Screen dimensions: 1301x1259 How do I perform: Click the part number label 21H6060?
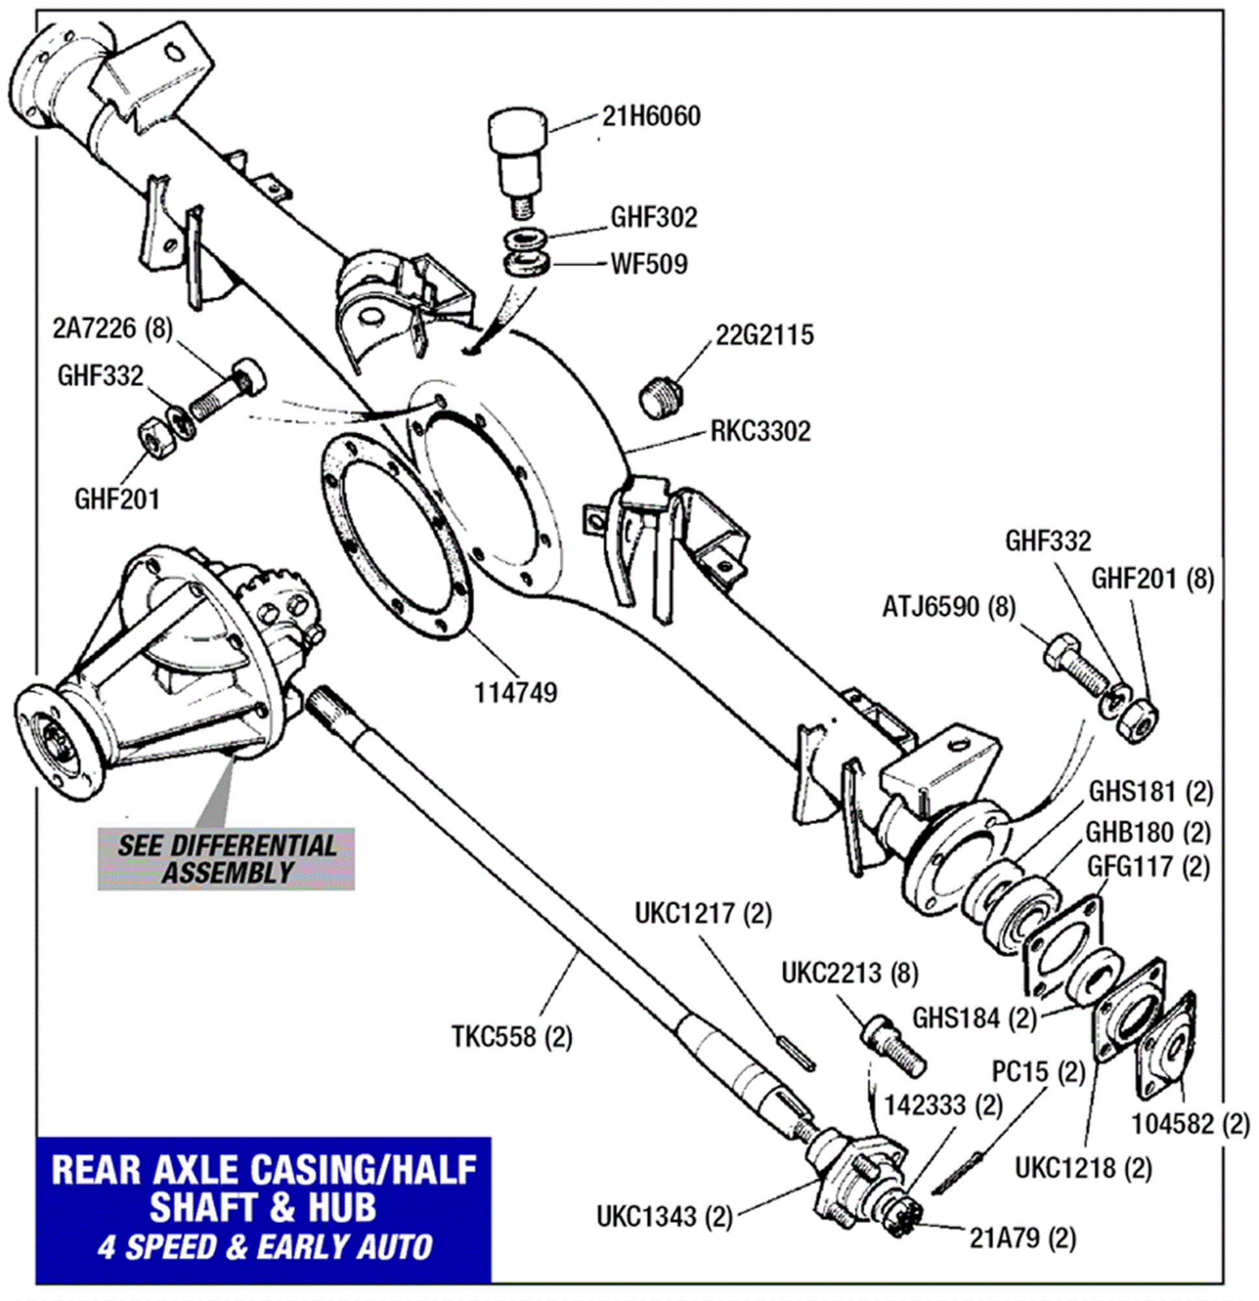[x=651, y=117]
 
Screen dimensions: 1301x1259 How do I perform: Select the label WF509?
[x=649, y=264]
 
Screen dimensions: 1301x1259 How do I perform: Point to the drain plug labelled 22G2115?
[x=663, y=397]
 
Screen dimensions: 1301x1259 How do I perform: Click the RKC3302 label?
[x=761, y=431]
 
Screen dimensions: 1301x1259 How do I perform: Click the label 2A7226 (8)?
[x=112, y=328]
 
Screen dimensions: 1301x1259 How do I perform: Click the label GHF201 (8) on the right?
[x=1152, y=579]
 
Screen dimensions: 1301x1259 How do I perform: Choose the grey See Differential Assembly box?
[x=226, y=858]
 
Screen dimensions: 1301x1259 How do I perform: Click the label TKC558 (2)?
[x=511, y=1036]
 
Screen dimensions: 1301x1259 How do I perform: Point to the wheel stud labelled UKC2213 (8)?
[x=893, y=1047]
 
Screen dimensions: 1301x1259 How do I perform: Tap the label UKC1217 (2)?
[x=703, y=913]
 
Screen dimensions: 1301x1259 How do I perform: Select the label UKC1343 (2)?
[x=664, y=1216]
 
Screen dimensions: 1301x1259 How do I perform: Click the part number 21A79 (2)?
[x=1022, y=1238]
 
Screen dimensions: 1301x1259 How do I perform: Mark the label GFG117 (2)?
[x=1148, y=867]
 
